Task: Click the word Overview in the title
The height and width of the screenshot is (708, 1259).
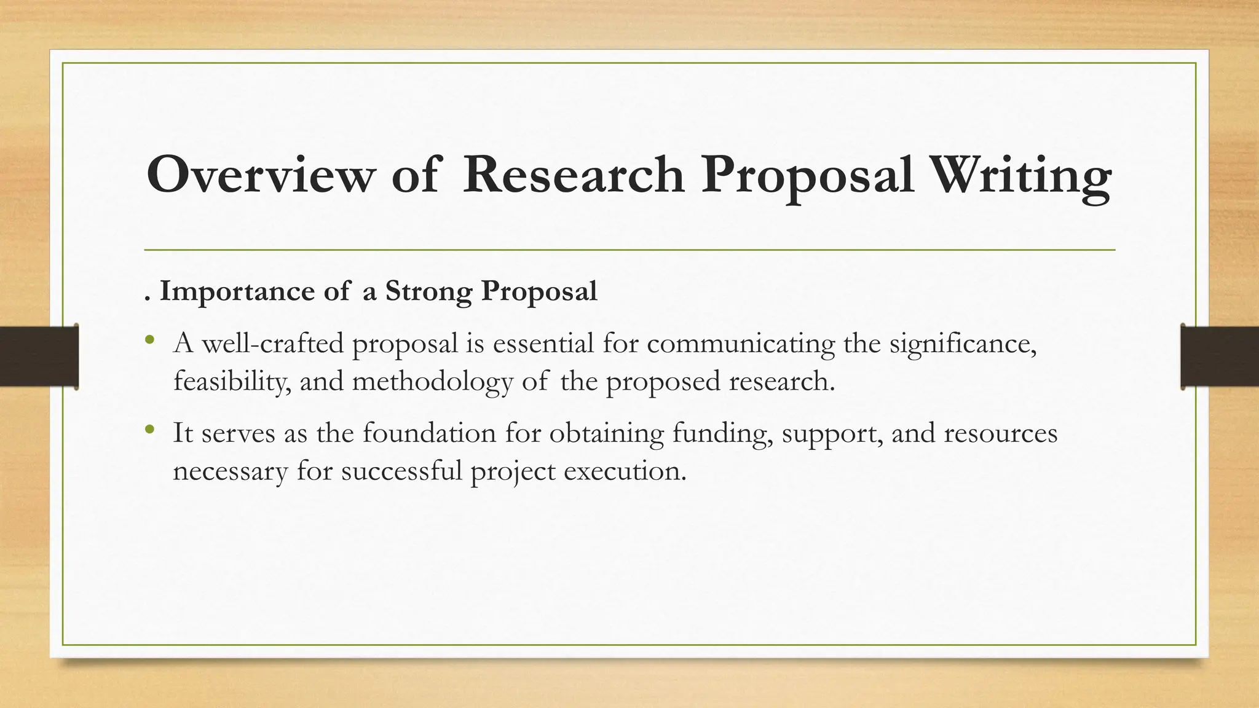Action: point(260,175)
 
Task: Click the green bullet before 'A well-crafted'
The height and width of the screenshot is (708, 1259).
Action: point(149,340)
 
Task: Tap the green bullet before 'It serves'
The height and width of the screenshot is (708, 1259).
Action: point(149,430)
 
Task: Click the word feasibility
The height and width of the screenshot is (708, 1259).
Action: point(232,382)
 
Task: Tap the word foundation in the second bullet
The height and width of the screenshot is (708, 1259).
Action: point(429,433)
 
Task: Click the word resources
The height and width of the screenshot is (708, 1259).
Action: point(1000,434)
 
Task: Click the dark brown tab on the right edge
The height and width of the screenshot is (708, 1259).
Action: point(1220,356)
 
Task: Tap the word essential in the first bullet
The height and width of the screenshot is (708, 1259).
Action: point(543,343)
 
